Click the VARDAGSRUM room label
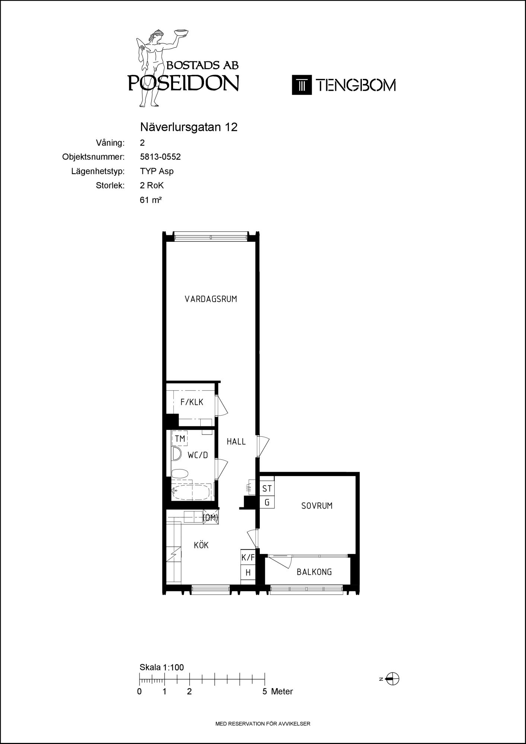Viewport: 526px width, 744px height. (x=211, y=299)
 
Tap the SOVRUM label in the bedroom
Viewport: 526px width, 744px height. (x=317, y=506)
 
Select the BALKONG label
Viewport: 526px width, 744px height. (x=314, y=572)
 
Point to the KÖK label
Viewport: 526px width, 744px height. (x=201, y=545)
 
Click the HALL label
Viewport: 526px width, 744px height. (x=236, y=442)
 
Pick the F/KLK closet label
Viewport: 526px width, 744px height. (x=192, y=402)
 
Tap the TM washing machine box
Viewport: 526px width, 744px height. (x=180, y=439)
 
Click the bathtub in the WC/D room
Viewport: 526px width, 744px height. (x=191, y=492)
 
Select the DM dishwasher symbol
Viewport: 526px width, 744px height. (x=211, y=517)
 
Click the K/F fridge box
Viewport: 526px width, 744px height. (x=248, y=558)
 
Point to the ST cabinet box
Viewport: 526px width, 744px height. (x=267, y=488)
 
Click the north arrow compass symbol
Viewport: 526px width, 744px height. (x=392, y=679)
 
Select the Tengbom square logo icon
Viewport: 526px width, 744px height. (x=302, y=85)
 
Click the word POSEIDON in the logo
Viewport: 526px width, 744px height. (x=183, y=83)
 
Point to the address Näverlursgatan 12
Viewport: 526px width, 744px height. (x=189, y=127)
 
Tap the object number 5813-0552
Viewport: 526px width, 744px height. (x=160, y=157)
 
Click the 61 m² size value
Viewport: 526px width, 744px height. (x=150, y=200)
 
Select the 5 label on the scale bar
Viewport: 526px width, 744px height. (x=265, y=692)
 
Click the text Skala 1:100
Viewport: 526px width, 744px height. (x=162, y=667)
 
